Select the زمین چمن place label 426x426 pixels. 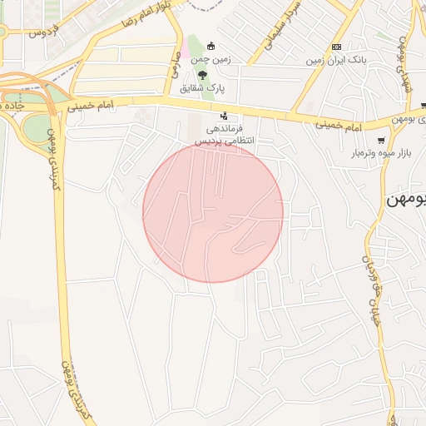(x=211, y=59)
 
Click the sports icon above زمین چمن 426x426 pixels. (x=211, y=46)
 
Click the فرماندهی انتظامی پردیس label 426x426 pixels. (x=223, y=136)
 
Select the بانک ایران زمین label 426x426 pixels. (x=335, y=60)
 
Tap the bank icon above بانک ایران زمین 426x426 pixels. (x=336, y=47)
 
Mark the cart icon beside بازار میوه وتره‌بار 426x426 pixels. (x=381, y=141)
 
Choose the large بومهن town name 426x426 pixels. (x=406, y=201)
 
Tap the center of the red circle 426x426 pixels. (x=213, y=212)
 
